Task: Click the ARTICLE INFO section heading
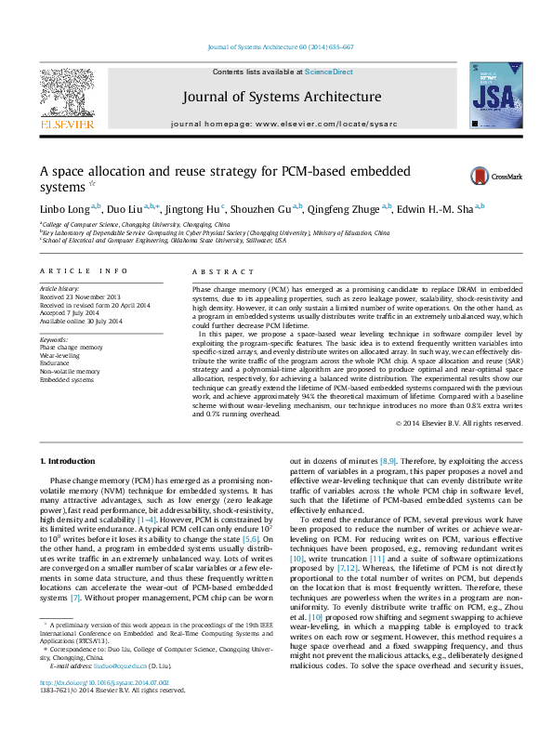pyautogui.click(x=83, y=270)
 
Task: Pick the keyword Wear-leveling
pyautogui.click(x=59, y=355)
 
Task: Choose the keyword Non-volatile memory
pyautogui.click(x=71, y=372)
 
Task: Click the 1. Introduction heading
pyautogui.click(x=69, y=462)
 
